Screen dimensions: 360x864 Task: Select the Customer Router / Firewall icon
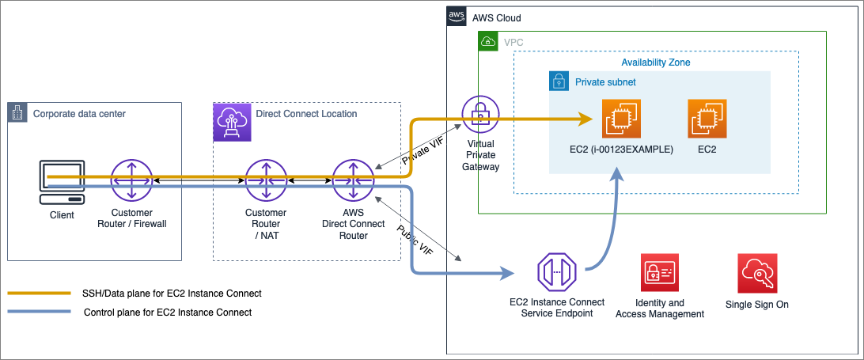point(131,181)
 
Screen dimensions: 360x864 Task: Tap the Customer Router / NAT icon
point(265,181)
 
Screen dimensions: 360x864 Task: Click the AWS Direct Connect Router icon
point(352,181)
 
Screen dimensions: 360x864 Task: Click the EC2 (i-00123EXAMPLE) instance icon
point(620,119)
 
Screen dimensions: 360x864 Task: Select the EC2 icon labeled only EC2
point(707,119)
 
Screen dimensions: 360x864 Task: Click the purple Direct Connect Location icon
point(233,120)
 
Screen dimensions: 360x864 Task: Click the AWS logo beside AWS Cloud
point(457,16)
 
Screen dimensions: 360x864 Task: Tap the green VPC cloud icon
point(488,41)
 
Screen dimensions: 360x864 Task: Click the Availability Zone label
point(656,62)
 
